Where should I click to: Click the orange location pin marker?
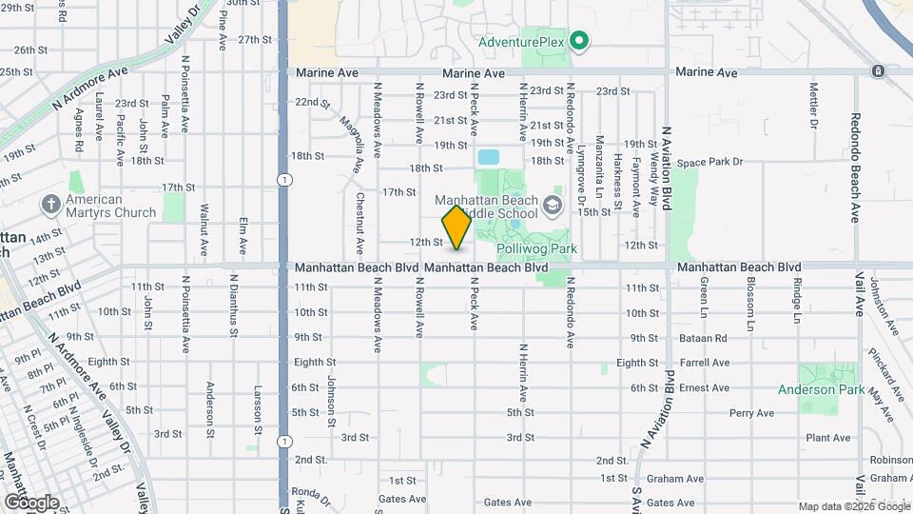(456, 227)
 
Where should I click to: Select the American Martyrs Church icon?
(50, 203)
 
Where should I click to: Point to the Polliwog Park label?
(538, 248)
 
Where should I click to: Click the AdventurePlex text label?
(521, 42)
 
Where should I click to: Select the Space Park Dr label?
(709, 163)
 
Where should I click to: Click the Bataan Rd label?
(705, 338)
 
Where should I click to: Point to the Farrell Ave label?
(705, 363)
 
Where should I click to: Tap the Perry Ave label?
(751, 413)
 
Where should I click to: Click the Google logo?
(31, 502)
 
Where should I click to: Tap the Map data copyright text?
(852, 505)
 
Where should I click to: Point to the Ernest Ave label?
(705, 387)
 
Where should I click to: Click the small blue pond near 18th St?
(489, 156)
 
